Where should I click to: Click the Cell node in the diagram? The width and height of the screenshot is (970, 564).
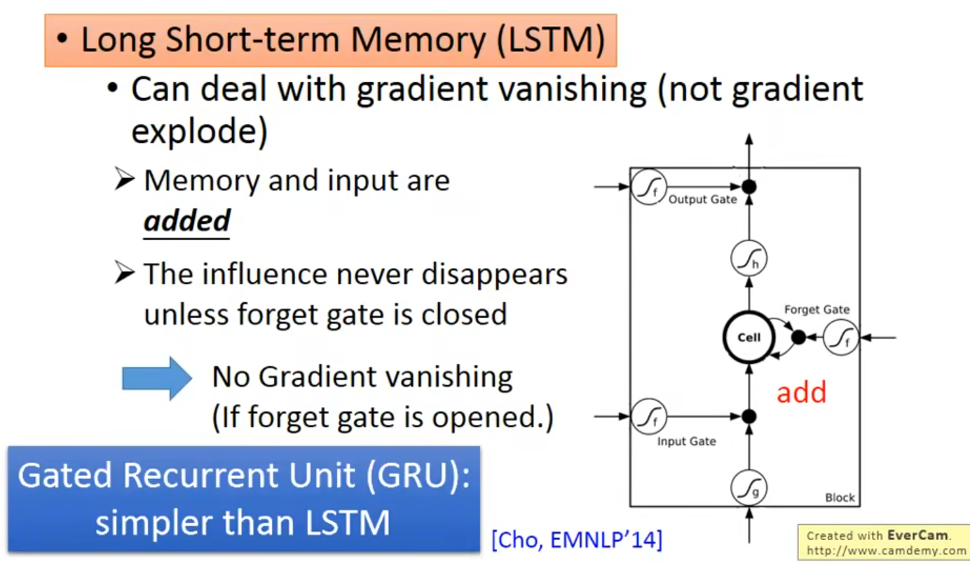tap(749, 337)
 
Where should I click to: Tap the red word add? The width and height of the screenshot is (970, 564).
tap(801, 392)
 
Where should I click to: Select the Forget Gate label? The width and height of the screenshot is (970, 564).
tap(817, 309)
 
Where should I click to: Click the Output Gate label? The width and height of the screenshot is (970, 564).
tap(702, 200)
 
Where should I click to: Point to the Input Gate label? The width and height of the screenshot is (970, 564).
tap(686, 441)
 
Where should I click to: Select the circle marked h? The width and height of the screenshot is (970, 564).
tap(749, 260)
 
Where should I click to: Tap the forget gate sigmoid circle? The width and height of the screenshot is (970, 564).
tap(841, 337)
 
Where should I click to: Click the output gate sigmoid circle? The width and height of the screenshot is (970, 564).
tap(648, 187)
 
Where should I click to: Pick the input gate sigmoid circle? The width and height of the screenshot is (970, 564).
tap(648, 417)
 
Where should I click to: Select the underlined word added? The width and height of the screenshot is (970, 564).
tap(186, 221)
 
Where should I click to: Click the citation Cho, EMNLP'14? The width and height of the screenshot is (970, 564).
tap(576, 540)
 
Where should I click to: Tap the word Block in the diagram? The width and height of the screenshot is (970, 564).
tap(840, 497)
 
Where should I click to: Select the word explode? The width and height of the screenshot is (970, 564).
tap(199, 131)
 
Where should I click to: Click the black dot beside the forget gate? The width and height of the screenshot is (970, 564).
tap(798, 337)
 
